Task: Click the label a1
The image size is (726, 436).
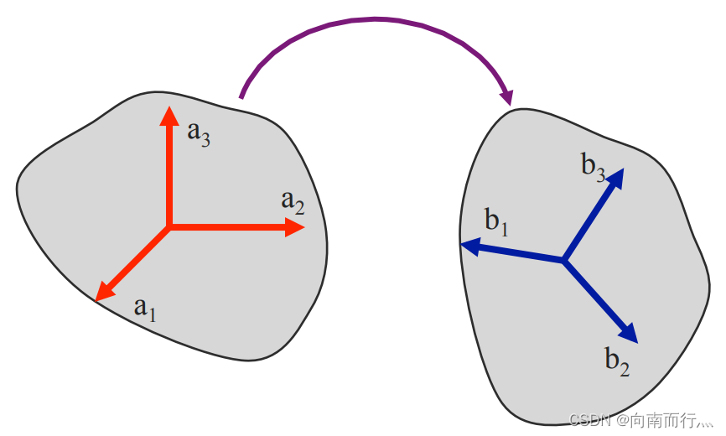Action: (x=146, y=309)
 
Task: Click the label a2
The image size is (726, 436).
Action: (x=293, y=201)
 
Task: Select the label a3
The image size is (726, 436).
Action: (x=199, y=133)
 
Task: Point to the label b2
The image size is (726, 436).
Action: (x=617, y=361)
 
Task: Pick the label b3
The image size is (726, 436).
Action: (x=593, y=165)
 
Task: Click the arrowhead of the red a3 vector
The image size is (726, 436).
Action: (x=169, y=116)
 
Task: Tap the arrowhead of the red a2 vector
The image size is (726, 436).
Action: (x=294, y=226)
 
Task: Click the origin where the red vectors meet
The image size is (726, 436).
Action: (x=169, y=226)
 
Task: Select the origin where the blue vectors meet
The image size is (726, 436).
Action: (x=564, y=261)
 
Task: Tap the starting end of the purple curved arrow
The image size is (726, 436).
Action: (x=241, y=96)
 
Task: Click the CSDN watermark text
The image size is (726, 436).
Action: (x=588, y=418)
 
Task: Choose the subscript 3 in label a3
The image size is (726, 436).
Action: (x=205, y=138)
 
